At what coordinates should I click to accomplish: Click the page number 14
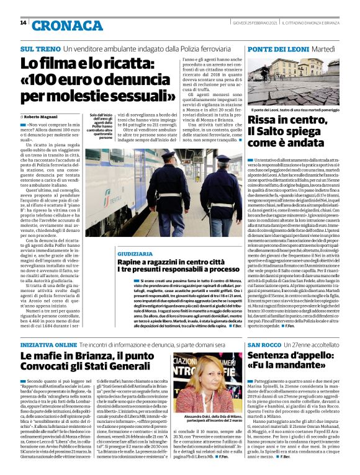tap(23, 22)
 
